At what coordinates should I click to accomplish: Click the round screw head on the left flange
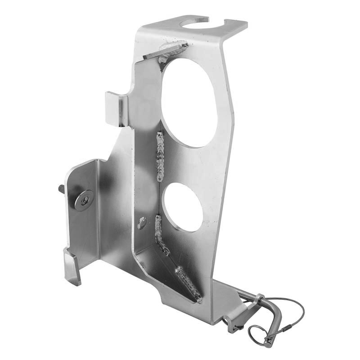(84, 199)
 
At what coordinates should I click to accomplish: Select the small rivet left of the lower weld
(142, 221)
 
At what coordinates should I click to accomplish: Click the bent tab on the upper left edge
(116, 107)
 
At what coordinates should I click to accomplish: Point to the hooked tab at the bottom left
(72, 268)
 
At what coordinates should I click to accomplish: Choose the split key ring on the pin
(260, 335)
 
